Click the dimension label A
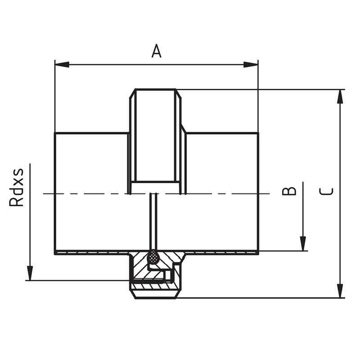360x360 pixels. pyautogui.click(x=156, y=51)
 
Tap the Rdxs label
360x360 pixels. pyautogui.click(x=16, y=187)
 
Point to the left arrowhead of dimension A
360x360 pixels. pyautogui.click(x=62, y=64)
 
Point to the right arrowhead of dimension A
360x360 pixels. pyautogui.click(x=251, y=64)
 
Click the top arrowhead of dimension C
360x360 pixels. pyautogui.click(x=340, y=97)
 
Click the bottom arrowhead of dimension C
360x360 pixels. pyautogui.click(x=340, y=291)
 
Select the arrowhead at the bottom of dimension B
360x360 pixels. pyautogui.click(x=303, y=243)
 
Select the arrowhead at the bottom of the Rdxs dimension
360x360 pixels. pyautogui.click(x=30, y=273)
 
